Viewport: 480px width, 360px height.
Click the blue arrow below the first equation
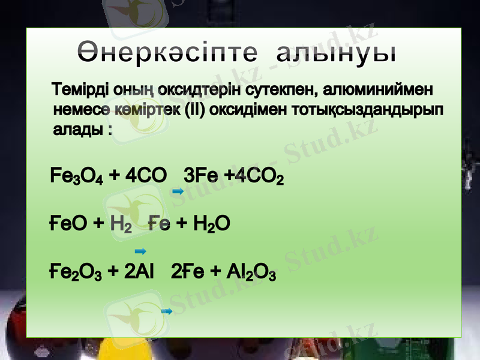click(x=177, y=191)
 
